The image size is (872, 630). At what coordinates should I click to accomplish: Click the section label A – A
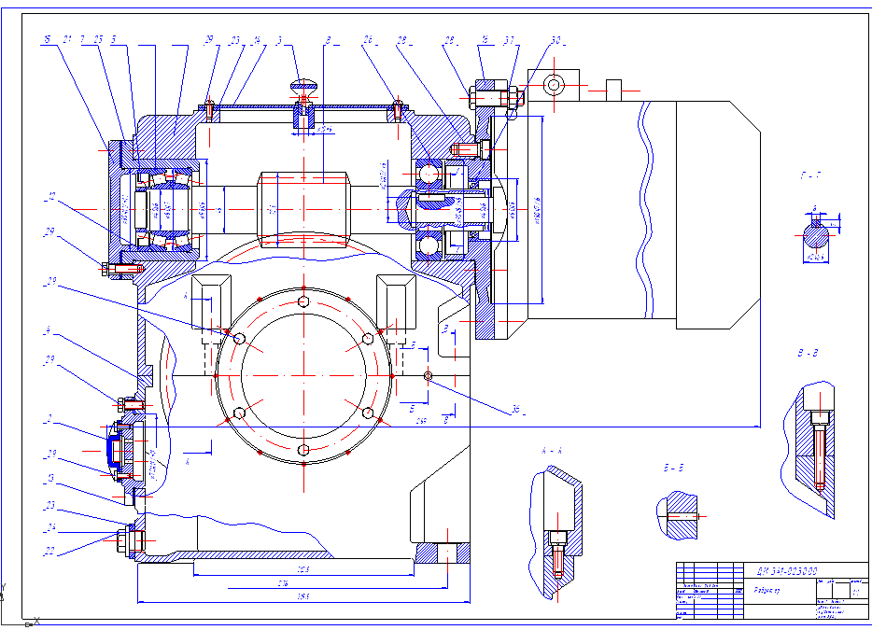coord(553,450)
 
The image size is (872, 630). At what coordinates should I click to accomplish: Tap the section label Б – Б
coord(673,468)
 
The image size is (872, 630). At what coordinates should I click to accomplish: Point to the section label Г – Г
coord(810,175)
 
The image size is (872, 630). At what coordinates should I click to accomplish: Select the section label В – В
coord(808,356)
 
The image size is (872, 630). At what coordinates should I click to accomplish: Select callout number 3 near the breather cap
coord(279,40)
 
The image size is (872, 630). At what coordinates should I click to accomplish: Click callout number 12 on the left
coord(51,196)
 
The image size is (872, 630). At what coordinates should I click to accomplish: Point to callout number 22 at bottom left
coord(49,552)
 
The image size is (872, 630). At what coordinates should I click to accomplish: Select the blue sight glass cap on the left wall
coord(111,450)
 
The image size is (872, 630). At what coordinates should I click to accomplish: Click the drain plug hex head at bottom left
coord(124,539)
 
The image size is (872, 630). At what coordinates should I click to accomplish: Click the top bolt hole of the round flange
coord(304,301)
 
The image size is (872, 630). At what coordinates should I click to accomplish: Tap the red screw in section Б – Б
coord(687,516)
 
